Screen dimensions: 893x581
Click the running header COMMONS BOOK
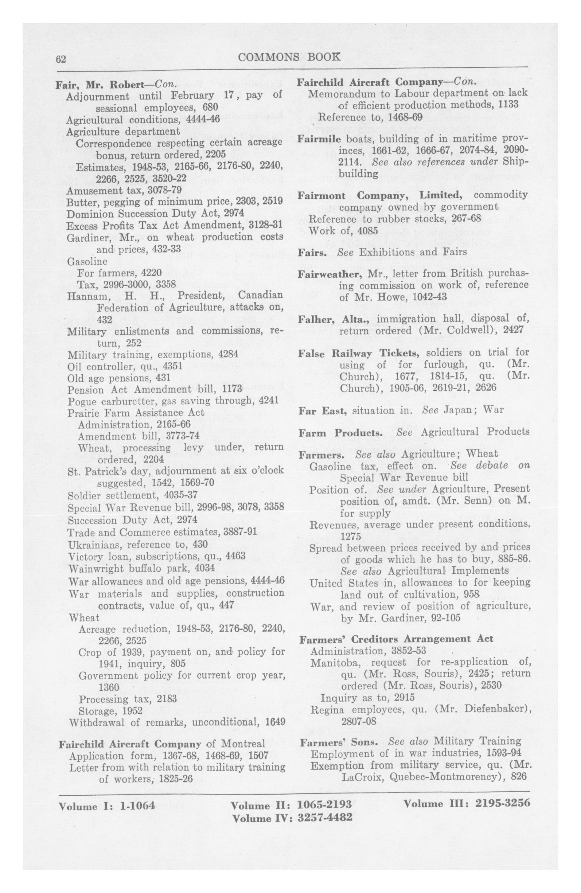(289, 57)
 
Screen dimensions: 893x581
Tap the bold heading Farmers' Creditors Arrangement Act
(396, 639)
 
